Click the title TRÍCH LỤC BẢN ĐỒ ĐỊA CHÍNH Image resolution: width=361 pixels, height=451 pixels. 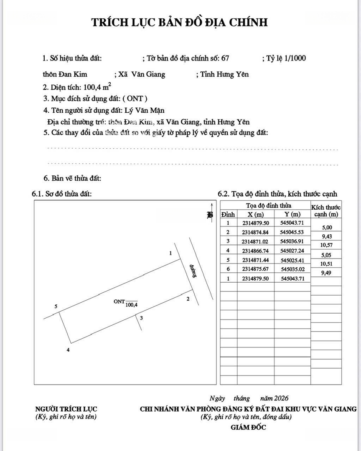pyautogui.click(x=180, y=23)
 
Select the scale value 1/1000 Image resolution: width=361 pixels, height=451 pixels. pyautogui.click(x=295, y=58)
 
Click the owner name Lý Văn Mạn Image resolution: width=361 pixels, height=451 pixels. pyautogui.click(x=145, y=111)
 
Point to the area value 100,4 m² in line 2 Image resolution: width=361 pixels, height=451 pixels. pyautogui.click(x=97, y=87)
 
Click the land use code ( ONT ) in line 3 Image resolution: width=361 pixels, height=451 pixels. pyautogui.click(x=135, y=99)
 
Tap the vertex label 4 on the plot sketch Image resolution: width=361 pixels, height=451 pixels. pyautogui.click(x=68, y=350)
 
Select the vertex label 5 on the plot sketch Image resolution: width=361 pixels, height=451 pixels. pyautogui.click(x=56, y=307)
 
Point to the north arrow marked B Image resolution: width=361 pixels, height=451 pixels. pyautogui.click(x=210, y=215)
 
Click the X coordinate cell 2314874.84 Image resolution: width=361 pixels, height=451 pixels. pyautogui.click(x=255, y=232)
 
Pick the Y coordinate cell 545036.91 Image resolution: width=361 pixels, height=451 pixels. pyautogui.click(x=292, y=241)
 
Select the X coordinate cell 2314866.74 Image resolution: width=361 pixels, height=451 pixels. pyautogui.click(x=255, y=251)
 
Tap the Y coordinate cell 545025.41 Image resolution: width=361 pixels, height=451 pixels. pyautogui.click(x=292, y=260)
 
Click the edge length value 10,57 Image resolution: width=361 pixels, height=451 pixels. pyautogui.click(x=326, y=245)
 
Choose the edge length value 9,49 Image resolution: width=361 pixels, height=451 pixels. pyautogui.click(x=326, y=273)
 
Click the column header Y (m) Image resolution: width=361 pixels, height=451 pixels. pyautogui.click(x=292, y=214)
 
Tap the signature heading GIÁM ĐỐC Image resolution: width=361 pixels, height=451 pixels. pyautogui.click(x=248, y=428)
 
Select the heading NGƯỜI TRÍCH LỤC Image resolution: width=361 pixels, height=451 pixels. pyautogui.click(x=66, y=409)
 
